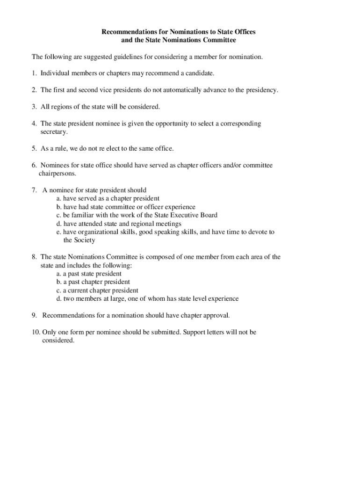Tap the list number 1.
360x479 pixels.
click(x=34, y=73)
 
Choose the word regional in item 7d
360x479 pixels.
click(x=144, y=224)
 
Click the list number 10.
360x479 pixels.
click(x=36, y=332)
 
